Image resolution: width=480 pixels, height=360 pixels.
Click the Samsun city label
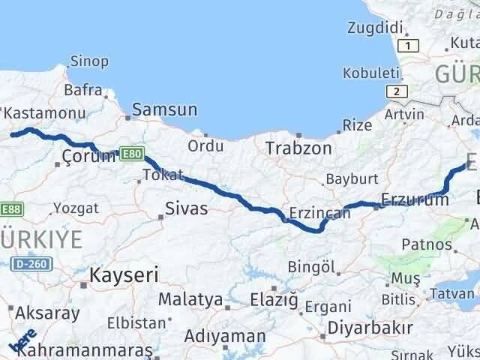pyautogui.click(x=164, y=110)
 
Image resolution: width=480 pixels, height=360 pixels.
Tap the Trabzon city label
pyautogui.click(x=298, y=148)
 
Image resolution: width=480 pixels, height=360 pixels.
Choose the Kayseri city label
pyautogui.click(x=124, y=275)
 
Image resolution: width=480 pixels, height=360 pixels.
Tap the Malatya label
pyautogui.click(x=190, y=300)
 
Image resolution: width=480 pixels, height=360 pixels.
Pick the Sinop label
pyautogui.click(x=88, y=61)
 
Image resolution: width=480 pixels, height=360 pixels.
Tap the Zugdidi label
pyautogui.click(x=374, y=28)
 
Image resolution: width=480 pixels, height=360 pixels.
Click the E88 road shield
pyautogui.click(x=10, y=208)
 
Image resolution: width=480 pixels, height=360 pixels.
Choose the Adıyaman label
pyautogui.click(x=225, y=335)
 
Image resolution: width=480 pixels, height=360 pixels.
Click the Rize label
pyautogui.click(x=357, y=125)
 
